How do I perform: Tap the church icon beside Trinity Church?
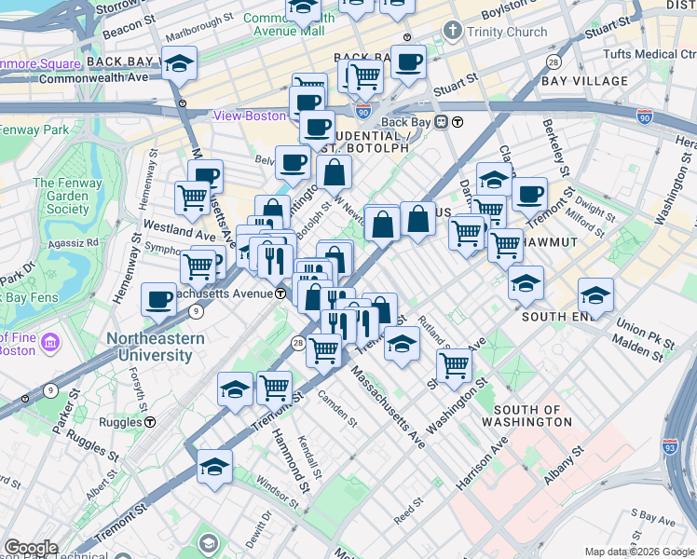pyautogui.click(x=453, y=31)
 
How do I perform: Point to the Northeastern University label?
pyautogui.click(x=155, y=347)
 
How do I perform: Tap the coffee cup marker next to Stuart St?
pyautogui.click(x=408, y=63)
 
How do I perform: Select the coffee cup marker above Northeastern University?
pyautogui.click(x=159, y=300)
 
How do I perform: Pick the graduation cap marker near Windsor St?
pyautogui.click(x=215, y=468)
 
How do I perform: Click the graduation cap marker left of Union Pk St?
pyautogui.click(x=595, y=296)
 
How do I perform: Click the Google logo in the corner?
pyautogui.click(x=31, y=549)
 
